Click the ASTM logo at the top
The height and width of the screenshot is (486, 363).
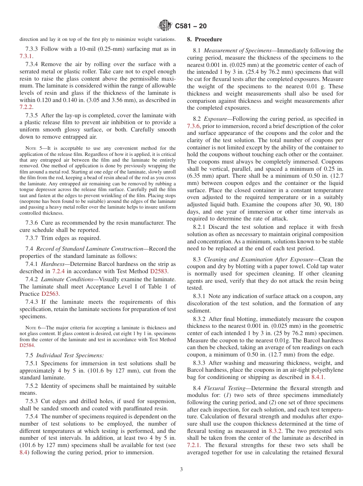point(165,26)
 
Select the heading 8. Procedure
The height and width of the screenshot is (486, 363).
point(204,39)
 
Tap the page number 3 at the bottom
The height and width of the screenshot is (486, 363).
point(181,470)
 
